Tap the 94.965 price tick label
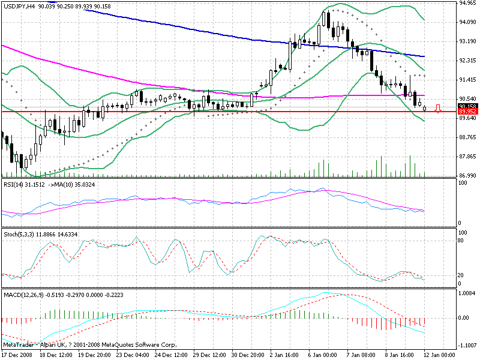click(x=467, y=3)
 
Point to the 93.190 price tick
click(x=467, y=41)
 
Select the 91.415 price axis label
click(x=467, y=80)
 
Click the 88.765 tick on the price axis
click(x=467, y=137)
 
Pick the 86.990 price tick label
click(x=467, y=175)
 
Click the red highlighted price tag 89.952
click(x=467, y=112)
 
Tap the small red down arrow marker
click(x=438, y=109)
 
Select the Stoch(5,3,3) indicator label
click(x=18, y=233)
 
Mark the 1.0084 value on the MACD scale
click(x=467, y=294)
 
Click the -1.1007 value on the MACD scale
click(x=467, y=346)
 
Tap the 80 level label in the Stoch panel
click(x=462, y=241)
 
